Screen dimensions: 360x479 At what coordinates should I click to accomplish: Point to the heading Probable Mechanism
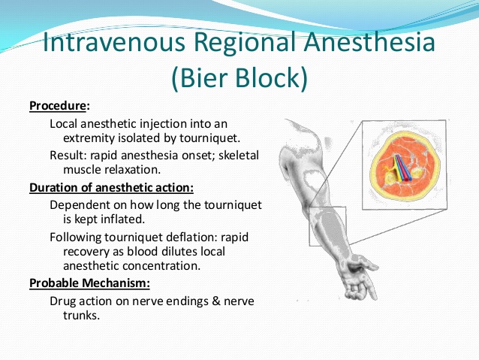(89, 283)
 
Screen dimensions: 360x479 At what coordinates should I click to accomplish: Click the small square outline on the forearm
(327, 225)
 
